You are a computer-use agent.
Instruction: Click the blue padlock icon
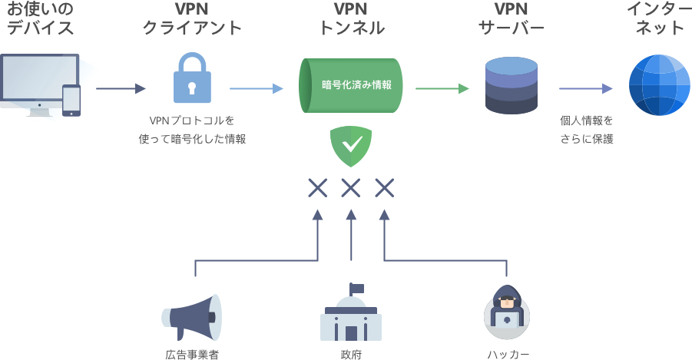point(192,78)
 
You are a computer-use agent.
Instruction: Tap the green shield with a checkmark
point(351,147)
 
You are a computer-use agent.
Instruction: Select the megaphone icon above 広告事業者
point(191,318)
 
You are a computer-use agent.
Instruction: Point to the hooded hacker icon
point(507,312)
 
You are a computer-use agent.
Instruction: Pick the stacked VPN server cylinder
point(512,86)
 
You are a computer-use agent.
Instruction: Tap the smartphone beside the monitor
point(71,100)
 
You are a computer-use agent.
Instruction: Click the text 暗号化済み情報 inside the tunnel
point(356,84)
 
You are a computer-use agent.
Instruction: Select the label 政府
point(351,355)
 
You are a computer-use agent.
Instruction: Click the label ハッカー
point(508,355)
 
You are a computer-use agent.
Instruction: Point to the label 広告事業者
point(192,355)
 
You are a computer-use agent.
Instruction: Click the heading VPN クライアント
point(192,18)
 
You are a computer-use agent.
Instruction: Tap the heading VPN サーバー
point(512,18)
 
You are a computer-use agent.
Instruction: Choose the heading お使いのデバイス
point(40,18)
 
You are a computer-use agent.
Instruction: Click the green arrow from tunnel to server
point(442,89)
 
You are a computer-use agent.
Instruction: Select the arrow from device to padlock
point(121,89)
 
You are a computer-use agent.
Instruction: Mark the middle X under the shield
point(351,188)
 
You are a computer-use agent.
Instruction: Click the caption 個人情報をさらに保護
point(587,130)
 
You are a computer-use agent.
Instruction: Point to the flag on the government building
point(356,289)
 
